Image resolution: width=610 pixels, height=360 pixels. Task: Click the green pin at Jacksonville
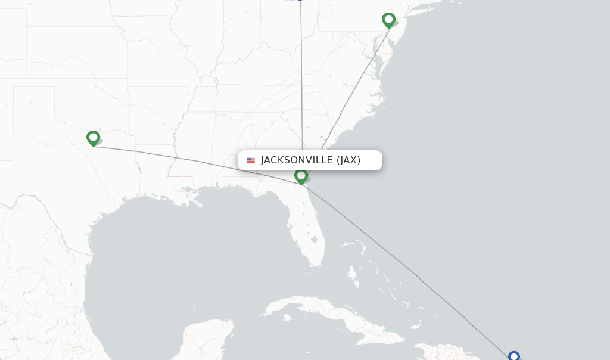301,175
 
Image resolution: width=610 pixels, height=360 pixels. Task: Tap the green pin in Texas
93,138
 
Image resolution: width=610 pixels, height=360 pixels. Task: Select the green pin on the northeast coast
388,20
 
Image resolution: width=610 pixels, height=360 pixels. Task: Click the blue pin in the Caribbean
513,356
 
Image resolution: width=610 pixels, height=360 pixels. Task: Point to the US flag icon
251,160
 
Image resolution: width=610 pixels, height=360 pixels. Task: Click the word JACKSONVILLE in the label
297,160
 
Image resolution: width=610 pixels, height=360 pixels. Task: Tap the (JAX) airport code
348,160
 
